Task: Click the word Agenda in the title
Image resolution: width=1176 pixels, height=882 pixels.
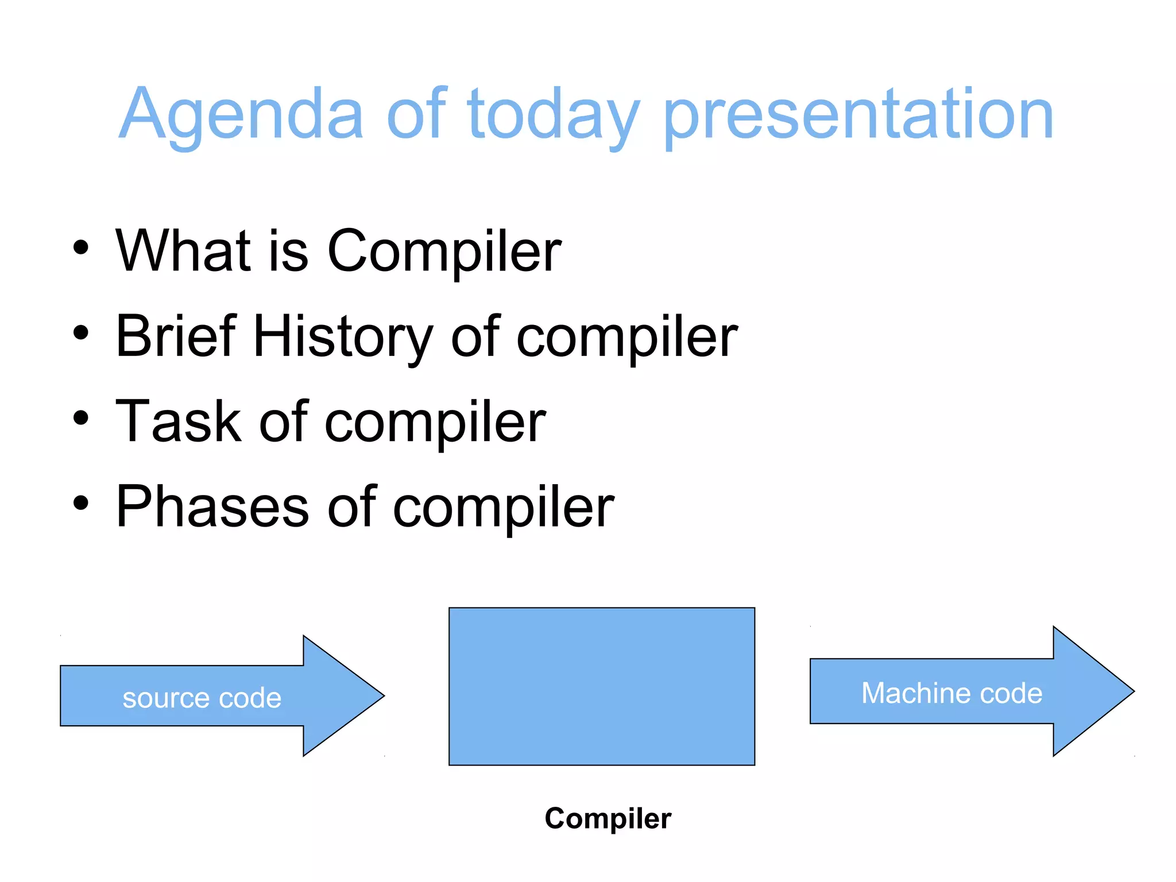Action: [241, 115]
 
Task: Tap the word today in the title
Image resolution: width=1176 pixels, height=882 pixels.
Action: [553, 115]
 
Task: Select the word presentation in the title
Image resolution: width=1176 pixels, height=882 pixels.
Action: [858, 115]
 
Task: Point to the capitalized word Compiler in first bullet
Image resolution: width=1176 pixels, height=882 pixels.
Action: [444, 253]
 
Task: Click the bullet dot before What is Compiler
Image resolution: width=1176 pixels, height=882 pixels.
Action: [81, 247]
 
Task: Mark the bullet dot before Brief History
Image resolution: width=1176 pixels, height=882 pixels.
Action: [81, 332]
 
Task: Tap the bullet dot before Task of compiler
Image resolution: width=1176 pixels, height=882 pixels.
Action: [81, 417]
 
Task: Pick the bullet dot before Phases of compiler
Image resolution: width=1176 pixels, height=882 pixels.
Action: [81, 502]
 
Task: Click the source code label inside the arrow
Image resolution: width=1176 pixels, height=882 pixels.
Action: [202, 698]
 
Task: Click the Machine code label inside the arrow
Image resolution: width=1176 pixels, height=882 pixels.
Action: [951, 693]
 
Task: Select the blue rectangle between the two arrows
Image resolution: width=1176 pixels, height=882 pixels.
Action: [602, 686]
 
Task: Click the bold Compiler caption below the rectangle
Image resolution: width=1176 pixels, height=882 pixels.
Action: [608, 819]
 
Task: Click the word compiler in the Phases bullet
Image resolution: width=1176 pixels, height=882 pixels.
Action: [503, 508]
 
